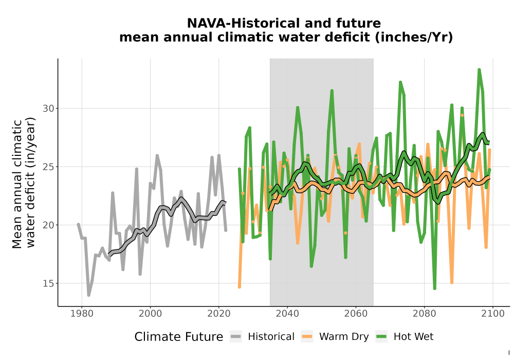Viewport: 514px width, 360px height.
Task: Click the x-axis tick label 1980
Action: (x=82, y=314)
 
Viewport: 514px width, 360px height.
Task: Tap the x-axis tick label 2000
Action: (x=150, y=314)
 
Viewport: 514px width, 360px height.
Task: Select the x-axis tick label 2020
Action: (x=218, y=314)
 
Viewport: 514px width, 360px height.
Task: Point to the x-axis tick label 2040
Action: (x=287, y=314)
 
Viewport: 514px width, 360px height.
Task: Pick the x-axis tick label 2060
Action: (x=356, y=314)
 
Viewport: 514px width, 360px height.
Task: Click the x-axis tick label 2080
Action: (x=424, y=314)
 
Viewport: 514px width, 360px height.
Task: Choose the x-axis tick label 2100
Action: (x=493, y=314)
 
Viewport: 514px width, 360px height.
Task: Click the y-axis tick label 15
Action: (x=48, y=283)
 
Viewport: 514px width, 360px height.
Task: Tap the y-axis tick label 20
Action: (x=48, y=225)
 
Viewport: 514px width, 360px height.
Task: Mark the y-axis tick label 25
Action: (x=48, y=167)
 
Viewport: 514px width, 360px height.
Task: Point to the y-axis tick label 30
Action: (x=48, y=109)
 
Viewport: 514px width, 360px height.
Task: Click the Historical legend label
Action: (x=271, y=337)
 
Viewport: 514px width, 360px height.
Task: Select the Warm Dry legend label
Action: (x=344, y=337)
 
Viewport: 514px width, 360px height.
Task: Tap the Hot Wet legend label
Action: (x=413, y=337)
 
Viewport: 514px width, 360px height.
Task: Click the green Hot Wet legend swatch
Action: (x=381, y=337)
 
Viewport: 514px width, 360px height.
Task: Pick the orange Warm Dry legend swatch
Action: (x=307, y=337)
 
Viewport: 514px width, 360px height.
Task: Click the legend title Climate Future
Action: (x=179, y=337)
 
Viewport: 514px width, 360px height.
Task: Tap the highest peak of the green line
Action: (x=479, y=69)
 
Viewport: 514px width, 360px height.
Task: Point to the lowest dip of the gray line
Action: (x=88, y=295)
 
